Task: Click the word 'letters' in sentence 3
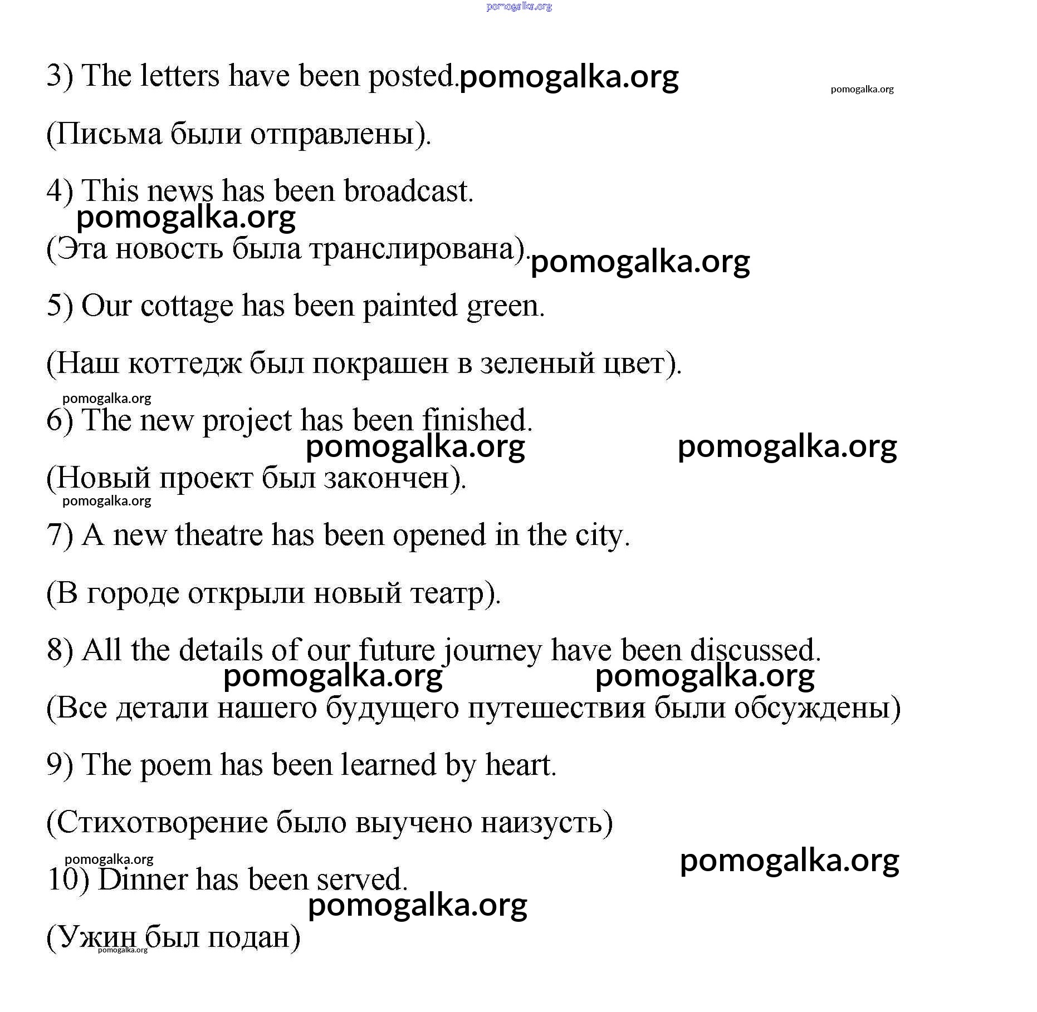point(179,76)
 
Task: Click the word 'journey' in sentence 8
point(492,651)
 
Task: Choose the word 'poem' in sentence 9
point(175,766)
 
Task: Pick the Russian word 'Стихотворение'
point(162,823)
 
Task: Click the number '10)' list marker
point(68,880)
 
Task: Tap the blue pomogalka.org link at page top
point(518,7)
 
